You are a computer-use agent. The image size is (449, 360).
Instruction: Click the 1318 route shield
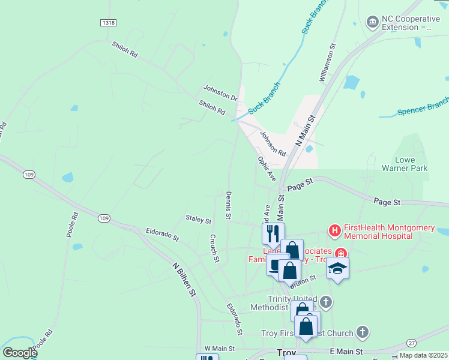tap(108, 22)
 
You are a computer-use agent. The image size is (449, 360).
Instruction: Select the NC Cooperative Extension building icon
tap(372, 22)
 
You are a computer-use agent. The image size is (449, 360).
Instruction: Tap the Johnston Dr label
tap(220, 92)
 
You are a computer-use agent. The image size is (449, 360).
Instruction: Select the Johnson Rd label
tap(273, 144)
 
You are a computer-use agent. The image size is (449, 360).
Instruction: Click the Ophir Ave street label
tap(267, 169)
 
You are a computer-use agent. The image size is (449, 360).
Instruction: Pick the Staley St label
tap(199, 220)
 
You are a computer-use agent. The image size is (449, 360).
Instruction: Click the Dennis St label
tap(228, 205)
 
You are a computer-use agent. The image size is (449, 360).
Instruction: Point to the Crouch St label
tap(214, 248)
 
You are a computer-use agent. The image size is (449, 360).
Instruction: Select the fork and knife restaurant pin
tap(273, 233)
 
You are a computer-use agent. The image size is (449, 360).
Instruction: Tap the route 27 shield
tap(411, 343)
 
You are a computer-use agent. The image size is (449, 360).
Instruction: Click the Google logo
tap(20, 353)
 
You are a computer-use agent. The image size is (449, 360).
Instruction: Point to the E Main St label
tap(348, 352)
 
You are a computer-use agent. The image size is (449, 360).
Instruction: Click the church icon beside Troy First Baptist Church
tap(362, 332)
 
